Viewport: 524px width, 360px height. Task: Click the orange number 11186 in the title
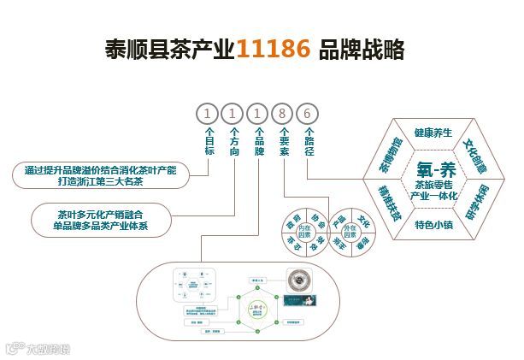click(274, 50)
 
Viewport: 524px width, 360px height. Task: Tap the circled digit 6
click(309, 113)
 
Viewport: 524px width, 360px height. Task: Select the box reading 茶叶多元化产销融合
click(102, 220)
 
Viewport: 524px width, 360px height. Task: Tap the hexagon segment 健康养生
click(434, 133)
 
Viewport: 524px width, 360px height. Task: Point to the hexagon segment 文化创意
click(478, 153)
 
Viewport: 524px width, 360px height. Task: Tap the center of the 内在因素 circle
click(303, 230)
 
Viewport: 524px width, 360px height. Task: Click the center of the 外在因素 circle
click(354, 230)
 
